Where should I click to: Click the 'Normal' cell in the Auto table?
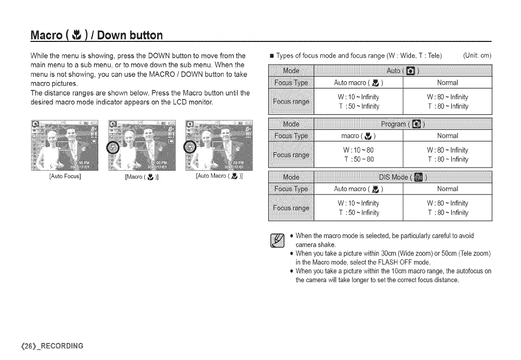coord(448,83)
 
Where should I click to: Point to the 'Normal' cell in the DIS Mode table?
coord(448,189)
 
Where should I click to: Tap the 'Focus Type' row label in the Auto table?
coord(291,83)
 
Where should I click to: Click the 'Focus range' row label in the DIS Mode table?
coord(291,208)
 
